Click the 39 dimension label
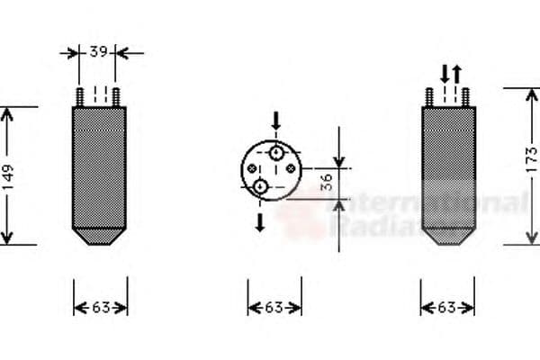pos(99,52)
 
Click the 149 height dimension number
pos(8,176)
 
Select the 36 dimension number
pos(328,184)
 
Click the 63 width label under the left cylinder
pos(100,308)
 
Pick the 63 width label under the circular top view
pos(274,308)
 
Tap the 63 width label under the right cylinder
pos(447,308)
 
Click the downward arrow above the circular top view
pos(276,120)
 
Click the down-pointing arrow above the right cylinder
pos(445,73)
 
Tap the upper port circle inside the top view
pos(275,154)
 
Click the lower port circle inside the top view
pos(261,186)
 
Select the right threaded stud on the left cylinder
pos(114,96)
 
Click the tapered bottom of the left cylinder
pos(99,237)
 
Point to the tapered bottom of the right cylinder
pos(448,237)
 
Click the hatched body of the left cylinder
pos(99,166)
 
